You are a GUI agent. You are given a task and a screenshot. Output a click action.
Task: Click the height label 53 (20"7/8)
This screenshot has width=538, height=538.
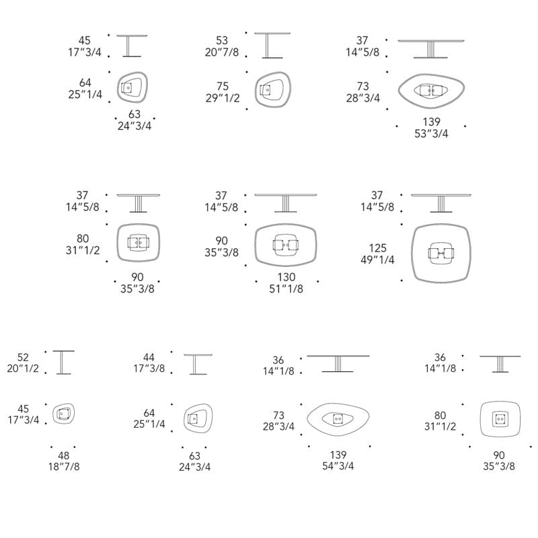[x=222, y=46]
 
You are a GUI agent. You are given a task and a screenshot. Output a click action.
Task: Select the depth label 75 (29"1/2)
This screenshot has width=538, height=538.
[x=223, y=92]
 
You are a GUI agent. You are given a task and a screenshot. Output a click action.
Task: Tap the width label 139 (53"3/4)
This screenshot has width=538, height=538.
[x=431, y=128]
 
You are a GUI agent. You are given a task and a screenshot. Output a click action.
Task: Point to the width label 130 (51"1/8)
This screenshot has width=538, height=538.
[x=286, y=282]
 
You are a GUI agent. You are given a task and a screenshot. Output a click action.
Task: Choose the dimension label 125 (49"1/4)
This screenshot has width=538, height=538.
[x=377, y=254]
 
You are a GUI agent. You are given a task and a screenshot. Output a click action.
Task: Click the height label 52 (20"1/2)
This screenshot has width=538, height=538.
[x=23, y=362]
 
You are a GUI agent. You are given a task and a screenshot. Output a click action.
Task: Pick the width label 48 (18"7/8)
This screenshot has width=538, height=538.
[x=64, y=461]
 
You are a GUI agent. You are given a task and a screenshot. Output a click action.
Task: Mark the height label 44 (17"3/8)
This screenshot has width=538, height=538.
[x=149, y=362]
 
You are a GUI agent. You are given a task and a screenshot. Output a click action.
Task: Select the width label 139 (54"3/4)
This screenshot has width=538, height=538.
[x=338, y=460]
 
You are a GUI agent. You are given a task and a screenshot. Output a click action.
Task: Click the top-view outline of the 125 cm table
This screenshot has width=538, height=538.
[x=413, y=254]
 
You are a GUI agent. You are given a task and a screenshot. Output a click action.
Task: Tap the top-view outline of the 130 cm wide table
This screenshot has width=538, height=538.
[x=256, y=245]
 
